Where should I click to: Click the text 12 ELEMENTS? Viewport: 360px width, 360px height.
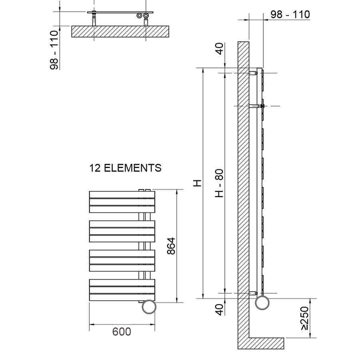point(125,168)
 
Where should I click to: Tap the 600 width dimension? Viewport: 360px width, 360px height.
point(121,332)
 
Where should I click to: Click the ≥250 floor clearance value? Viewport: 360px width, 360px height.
point(305,318)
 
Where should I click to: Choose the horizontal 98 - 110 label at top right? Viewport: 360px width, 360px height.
point(290,14)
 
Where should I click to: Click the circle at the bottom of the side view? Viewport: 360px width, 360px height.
point(262,302)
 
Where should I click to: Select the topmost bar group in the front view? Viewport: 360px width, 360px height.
point(122,202)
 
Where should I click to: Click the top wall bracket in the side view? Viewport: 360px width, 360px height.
point(254,73)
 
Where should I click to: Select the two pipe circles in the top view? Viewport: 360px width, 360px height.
point(143,16)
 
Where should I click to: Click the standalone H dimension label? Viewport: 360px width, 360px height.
point(197,183)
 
